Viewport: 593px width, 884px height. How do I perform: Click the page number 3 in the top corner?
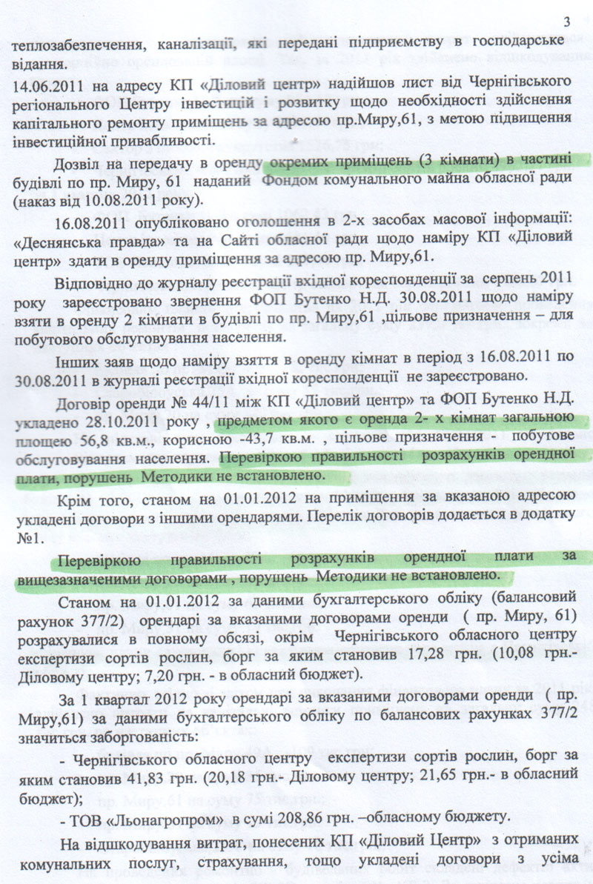click(567, 21)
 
